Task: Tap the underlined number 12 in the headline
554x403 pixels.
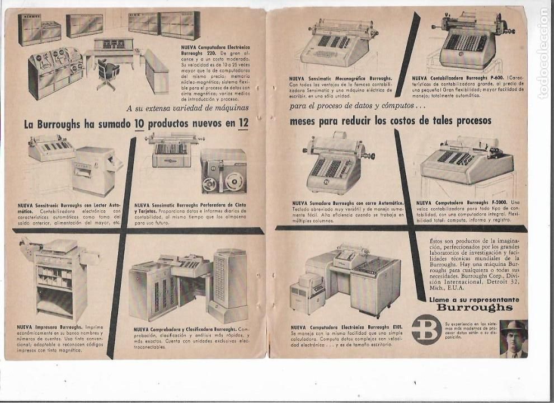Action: (x=242, y=124)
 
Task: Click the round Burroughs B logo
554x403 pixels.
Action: (x=426, y=330)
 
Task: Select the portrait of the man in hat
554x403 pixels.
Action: (x=513, y=338)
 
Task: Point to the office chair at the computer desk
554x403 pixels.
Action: (x=107, y=73)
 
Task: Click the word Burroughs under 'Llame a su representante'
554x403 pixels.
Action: (x=474, y=307)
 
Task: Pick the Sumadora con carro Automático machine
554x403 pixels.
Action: (x=336, y=163)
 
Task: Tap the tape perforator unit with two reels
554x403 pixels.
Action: (x=224, y=171)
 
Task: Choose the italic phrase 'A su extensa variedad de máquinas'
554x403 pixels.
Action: (x=187, y=108)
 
